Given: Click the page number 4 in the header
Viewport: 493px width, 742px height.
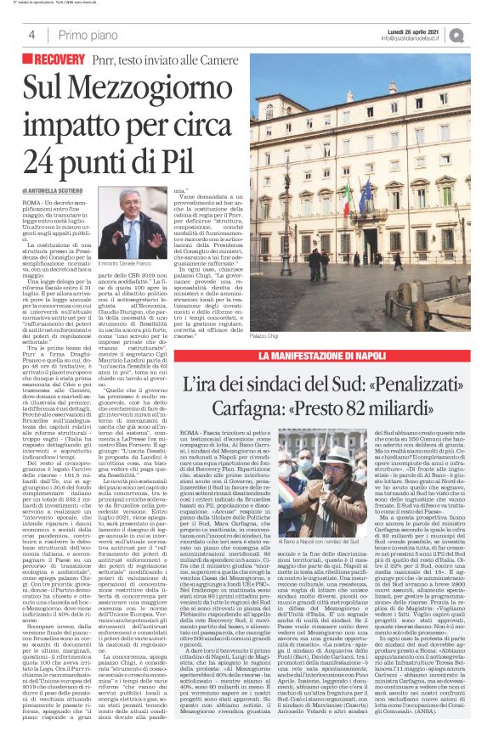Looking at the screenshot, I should coord(31,35).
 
